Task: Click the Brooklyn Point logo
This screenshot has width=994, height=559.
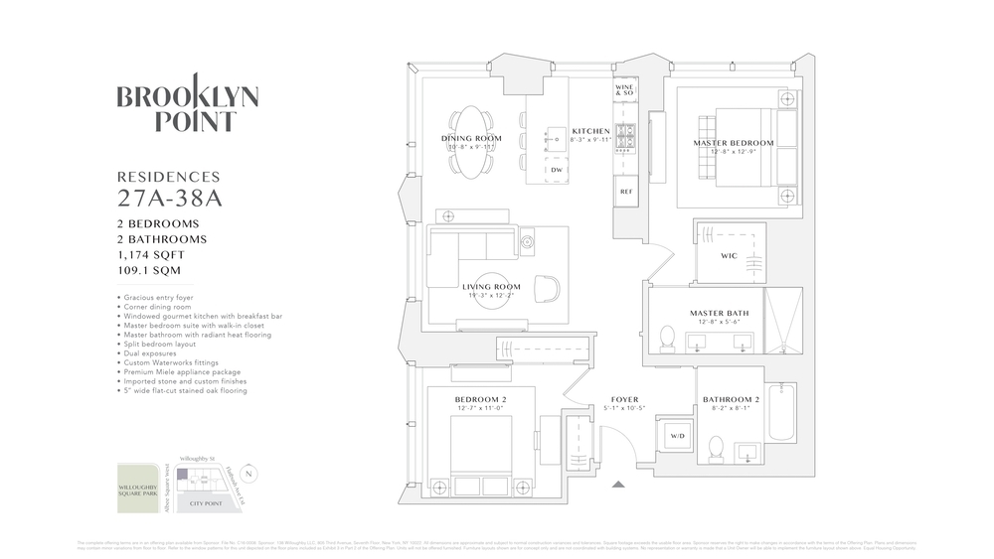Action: coord(188,108)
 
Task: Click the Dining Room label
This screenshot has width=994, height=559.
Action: coord(471,138)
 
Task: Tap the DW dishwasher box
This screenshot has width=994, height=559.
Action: coord(556,170)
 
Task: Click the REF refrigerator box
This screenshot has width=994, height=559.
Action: coord(625,191)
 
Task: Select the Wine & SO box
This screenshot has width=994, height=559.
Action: coord(625,89)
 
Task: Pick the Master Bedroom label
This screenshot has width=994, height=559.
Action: coord(733,143)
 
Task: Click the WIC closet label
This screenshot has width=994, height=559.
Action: coord(729,255)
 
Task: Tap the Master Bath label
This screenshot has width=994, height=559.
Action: coord(719,314)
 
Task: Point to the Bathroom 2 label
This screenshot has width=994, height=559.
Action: coord(731,401)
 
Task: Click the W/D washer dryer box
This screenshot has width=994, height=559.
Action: coord(677,436)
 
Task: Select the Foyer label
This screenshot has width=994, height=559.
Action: coord(624,400)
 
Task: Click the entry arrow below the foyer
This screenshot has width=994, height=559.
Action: coord(619,485)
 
